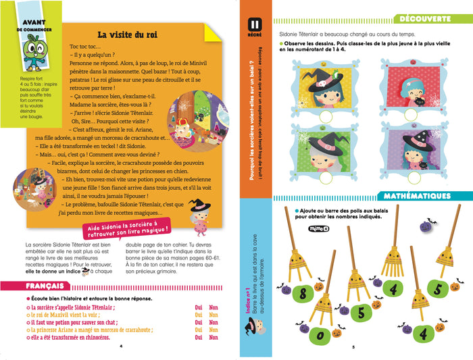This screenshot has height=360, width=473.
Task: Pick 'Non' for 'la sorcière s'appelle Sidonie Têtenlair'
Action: click(x=214, y=306)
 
